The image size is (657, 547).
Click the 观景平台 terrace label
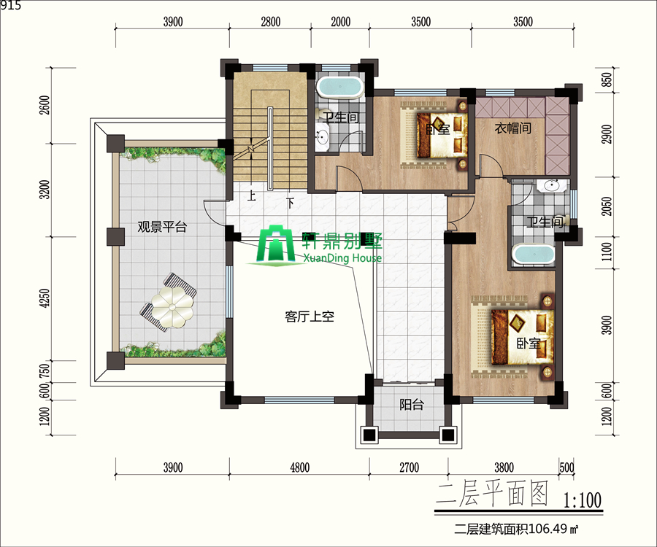[162, 228]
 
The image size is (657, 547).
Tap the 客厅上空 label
[310, 317]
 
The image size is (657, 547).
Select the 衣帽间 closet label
[513, 128]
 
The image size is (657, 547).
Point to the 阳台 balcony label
[412, 405]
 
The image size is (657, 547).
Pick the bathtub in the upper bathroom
[339, 88]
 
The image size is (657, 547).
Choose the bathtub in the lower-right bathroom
[534, 254]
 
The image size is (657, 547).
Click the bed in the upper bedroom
[442, 135]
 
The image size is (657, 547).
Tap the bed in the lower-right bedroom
[523, 337]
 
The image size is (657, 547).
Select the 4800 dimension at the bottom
[299, 468]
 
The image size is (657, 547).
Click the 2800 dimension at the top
[270, 22]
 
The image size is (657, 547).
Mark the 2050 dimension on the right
[607, 206]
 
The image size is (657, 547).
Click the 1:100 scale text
[582, 500]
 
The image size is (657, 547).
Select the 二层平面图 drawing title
[492, 494]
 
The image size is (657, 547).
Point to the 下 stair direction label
[290, 203]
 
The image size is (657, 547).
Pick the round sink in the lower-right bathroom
[552, 185]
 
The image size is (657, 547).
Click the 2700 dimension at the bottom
[409, 468]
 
